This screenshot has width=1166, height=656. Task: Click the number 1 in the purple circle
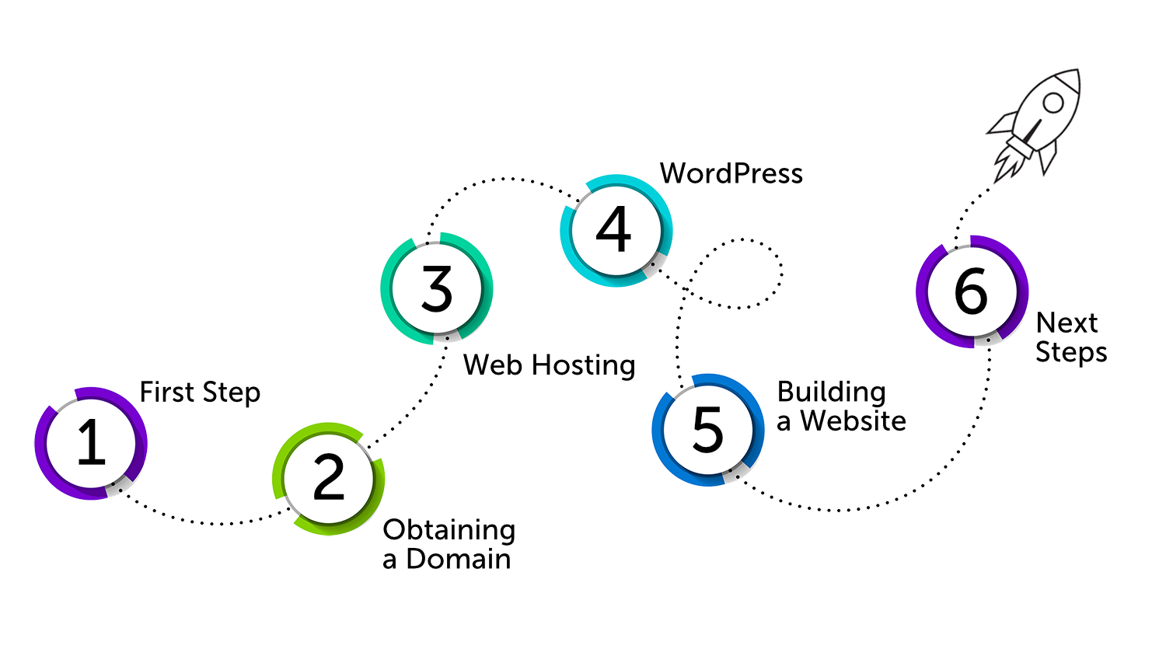pos(91,442)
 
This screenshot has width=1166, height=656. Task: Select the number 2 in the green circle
pos(328,478)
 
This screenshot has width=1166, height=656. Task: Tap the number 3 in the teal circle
pos(436,288)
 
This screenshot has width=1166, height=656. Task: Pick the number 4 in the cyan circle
pos(614,230)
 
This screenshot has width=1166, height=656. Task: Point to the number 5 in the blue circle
pos(707,429)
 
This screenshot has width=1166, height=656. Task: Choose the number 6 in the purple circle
pos(971,291)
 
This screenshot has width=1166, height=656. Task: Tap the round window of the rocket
pos(1053,103)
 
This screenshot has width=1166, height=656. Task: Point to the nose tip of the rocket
pos(1077,71)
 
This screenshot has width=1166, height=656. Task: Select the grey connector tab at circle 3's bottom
pos(446,337)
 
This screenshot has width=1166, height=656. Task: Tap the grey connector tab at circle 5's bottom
pos(735,475)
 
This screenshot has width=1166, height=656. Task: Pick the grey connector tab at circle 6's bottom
pos(987,340)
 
